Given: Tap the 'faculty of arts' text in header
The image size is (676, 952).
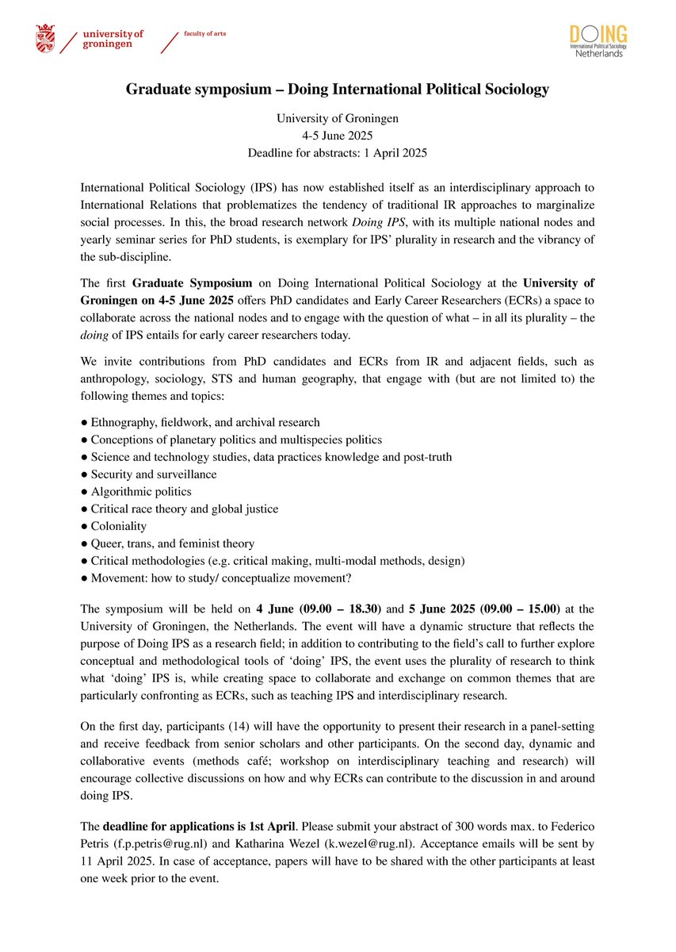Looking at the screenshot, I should pos(204,34).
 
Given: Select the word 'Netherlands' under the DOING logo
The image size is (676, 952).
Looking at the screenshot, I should pos(600,54).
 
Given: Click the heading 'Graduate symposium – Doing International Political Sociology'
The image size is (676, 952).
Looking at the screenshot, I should pos(338,90).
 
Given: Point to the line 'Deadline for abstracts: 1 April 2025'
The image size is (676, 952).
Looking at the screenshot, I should pos(338,152).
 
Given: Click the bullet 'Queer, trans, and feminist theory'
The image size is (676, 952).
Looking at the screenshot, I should pos(172,543).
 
